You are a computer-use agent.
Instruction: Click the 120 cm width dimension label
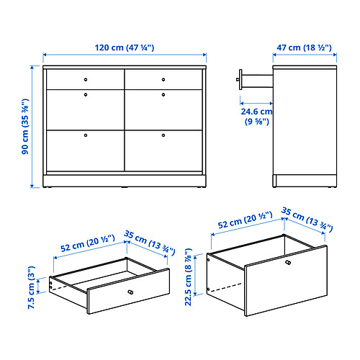point(124,48)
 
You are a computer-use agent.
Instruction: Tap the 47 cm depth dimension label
point(304,48)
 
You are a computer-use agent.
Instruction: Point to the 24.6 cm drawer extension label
point(256,116)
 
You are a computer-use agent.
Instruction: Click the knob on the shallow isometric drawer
point(130,292)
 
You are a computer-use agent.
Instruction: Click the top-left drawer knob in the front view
point(85,78)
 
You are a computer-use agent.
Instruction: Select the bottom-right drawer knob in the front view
point(163,135)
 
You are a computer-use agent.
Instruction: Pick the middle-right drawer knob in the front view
point(163,94)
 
